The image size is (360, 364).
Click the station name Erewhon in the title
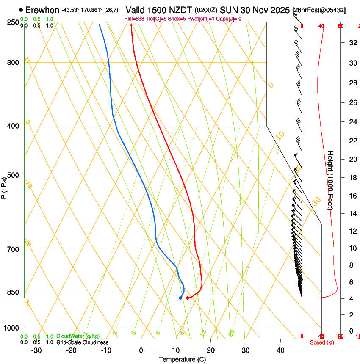point(42,10)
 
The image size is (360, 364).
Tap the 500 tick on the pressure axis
point(13,175)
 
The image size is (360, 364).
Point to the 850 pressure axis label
point(13,292)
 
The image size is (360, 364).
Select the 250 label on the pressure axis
point(13,22)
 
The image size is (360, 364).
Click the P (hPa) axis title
point(4,186)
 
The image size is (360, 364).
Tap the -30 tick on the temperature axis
point(36,350)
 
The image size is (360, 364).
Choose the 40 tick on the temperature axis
point(280,350)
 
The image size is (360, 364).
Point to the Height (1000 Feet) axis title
point(330,180)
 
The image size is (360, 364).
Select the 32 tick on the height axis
point(351,42)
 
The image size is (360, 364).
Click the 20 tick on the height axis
point(351,159)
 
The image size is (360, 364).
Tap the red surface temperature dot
point(188,298)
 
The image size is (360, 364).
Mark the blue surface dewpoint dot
point(180,298)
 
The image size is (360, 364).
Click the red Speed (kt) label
point(321,342)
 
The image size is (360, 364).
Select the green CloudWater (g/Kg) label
point(78,336)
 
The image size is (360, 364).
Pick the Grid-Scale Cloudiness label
point(82,342)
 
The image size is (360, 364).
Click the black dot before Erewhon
point(21,10)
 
